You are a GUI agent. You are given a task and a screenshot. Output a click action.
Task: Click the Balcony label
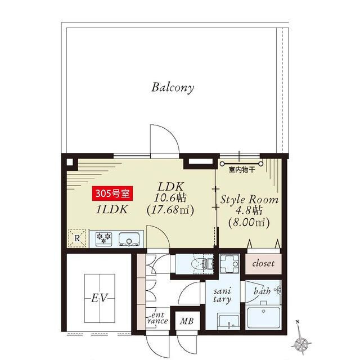pos(173,88)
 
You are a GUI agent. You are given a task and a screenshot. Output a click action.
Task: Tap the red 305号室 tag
pos(112,193)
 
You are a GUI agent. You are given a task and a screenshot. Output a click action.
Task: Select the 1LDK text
pos(112,209)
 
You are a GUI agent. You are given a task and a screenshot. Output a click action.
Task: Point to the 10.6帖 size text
pos(170,198)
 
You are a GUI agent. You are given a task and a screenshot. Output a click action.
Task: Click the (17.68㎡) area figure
pos(170,210)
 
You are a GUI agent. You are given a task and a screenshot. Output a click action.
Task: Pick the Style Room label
pos(249,200)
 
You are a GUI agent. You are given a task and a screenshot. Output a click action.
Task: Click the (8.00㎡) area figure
pos(249,222)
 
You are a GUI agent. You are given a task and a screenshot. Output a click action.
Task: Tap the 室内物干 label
pos(242,170)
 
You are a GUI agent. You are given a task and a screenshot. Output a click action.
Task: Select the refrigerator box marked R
pos(77,238)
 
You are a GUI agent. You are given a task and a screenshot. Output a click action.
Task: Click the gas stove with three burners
pos(103,238)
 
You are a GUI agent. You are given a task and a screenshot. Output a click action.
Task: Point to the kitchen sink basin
pos(129,239)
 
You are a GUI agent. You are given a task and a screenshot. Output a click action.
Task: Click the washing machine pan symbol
pos(229,264)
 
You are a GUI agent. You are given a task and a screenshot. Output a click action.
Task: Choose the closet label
pos(263,263)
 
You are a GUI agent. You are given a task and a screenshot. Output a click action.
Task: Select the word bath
pos(262,291)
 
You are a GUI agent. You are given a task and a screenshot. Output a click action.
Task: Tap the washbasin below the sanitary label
pos(228,321)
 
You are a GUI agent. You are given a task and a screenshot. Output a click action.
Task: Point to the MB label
pos(187,321)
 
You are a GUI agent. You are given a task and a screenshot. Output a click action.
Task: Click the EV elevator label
pos(100,298)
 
